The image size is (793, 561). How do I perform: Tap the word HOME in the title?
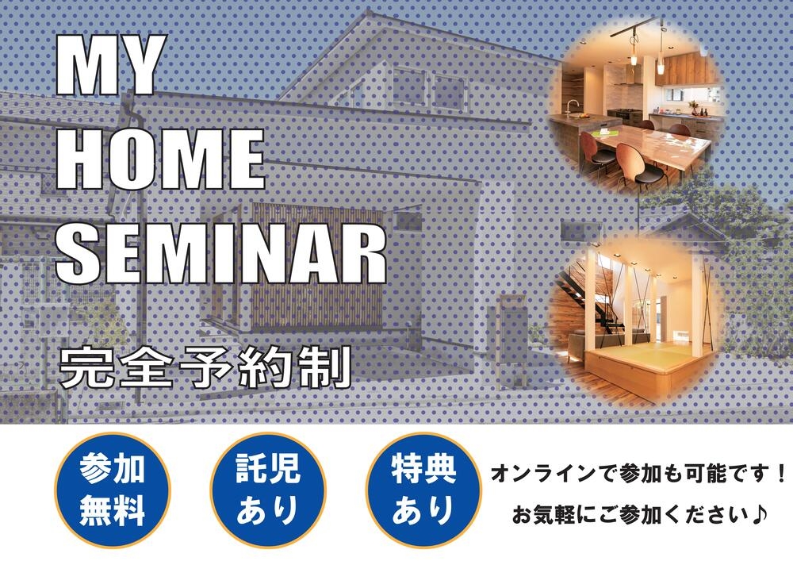point(160,159)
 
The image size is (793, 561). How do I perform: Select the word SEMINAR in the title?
point(221,253)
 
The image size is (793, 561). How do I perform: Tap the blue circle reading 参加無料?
point(113,490)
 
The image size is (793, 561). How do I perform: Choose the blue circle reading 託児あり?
point(268,490)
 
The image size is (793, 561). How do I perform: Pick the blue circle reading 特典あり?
point(423,490)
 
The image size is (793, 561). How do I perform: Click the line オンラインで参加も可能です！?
point(638,474)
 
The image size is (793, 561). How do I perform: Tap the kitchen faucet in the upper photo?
point(573,107)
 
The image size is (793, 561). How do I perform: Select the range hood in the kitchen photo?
point(632,76)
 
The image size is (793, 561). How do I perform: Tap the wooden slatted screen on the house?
point(317,266)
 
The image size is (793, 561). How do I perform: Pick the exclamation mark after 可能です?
point(780,474)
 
